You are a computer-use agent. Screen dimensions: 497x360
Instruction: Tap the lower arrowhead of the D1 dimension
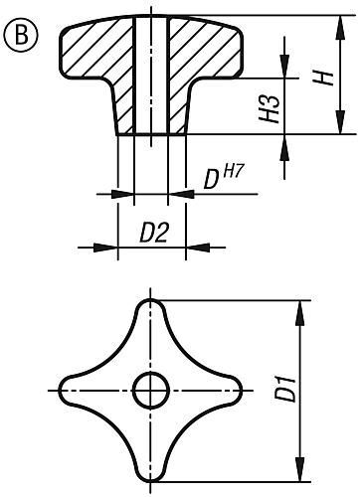tap(299, 470)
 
